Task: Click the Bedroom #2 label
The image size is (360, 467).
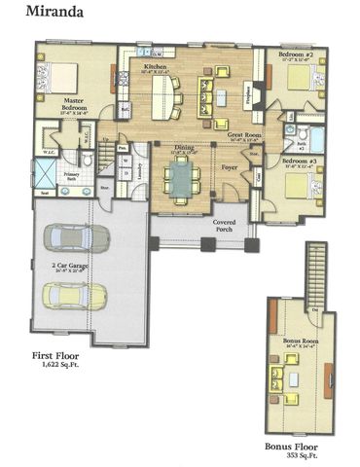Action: pos(294,54)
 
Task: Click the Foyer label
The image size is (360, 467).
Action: pos(230,167)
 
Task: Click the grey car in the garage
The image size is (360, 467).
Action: pos(77,238)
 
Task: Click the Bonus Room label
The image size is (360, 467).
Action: pos(301,341)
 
